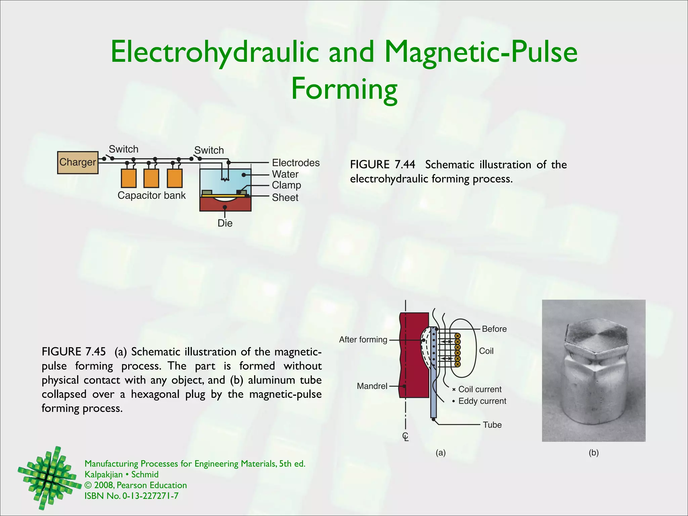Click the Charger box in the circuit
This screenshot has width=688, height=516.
[x=78, y=162]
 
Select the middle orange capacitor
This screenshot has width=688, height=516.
[x=151, y=178]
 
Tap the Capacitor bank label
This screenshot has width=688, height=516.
[x=152, y=196]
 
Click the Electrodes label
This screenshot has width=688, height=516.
[x=296, y=163]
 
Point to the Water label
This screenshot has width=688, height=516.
[x=285, y=174]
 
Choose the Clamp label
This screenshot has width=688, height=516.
[x=286, y=185]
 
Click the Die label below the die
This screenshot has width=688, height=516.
[x=225, y=223]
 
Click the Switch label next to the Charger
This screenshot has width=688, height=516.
[x=123, y=149]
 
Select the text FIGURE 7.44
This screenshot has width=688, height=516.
[x=382, y=165]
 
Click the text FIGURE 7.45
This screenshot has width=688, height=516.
[x=74, y=352]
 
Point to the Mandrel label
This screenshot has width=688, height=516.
[x=372, y=386]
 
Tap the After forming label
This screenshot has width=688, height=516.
[x=363, y=340]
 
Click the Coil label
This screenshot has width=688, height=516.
[x=486, y=351]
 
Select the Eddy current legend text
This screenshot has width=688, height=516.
[x=482, y=401]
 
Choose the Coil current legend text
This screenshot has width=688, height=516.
[x=480, y=389]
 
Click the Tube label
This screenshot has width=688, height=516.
[x=492, y=425]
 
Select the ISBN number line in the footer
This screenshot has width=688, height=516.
[x=131, y=496]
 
